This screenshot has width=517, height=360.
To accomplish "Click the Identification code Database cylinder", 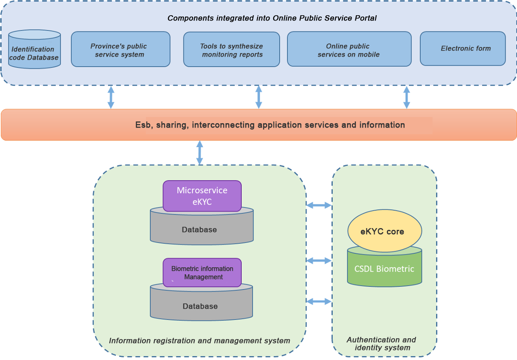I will [34, 50].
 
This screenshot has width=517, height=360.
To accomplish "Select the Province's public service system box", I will [120, 49].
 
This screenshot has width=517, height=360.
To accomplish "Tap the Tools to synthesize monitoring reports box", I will [231, 49].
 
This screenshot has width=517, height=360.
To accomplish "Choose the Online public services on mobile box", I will [349, 49].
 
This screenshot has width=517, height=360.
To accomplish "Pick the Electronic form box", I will [463, 49].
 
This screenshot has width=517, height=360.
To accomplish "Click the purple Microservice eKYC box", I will [202, 196].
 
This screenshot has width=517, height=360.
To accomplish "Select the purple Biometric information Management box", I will [202, 273].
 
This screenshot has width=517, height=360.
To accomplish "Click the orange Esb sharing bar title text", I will [270, 125].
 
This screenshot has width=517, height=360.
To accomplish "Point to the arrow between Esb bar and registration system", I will [200, 152].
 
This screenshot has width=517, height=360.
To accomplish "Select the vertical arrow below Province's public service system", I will [111, 97].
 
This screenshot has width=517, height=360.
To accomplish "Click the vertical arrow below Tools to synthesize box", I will [259, 97].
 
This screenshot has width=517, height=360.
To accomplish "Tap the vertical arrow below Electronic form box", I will [407, 97].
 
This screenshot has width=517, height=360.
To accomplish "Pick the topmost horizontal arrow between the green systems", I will [319, 205].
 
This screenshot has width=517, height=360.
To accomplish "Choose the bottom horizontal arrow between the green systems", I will [319, 301].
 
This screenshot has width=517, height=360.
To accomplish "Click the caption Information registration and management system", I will [199, 341].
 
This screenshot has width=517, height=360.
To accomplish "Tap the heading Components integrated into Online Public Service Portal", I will [272, 18].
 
